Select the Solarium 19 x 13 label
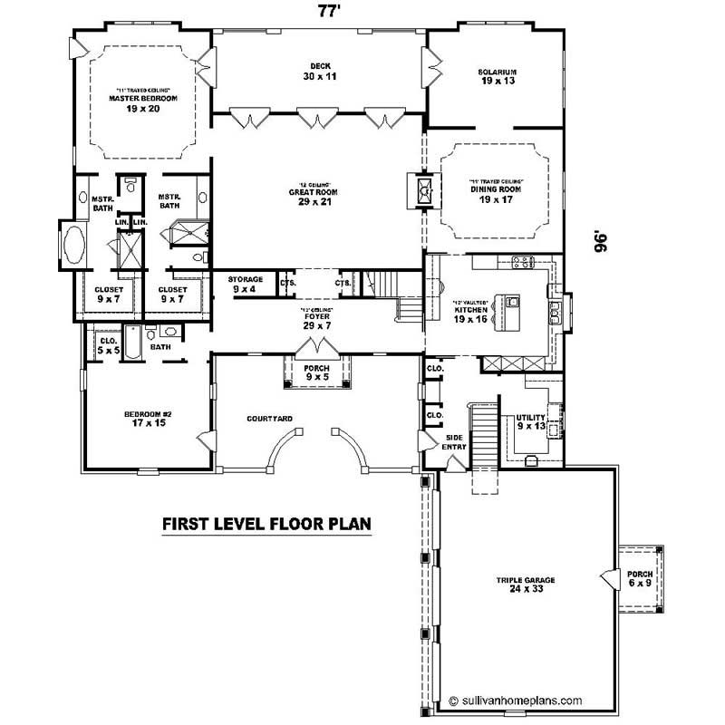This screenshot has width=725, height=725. click(497, 76)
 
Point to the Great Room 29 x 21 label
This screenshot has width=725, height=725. click(316, 196)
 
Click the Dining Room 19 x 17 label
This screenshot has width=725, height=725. click(497, 194)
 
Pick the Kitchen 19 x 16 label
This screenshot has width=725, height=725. click(470, 314)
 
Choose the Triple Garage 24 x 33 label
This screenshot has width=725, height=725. click(525, 584)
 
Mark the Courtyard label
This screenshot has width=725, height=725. click(268, 419)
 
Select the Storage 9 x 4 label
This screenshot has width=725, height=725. click(246, 285)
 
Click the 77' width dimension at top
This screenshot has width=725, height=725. click(329, 12)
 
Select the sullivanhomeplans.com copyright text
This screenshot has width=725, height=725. click(514, 701)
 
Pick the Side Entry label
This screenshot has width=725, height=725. click(453, 441)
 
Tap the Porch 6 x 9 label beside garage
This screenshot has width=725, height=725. click(640, 578)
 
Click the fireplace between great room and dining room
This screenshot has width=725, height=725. click(422, 192)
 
